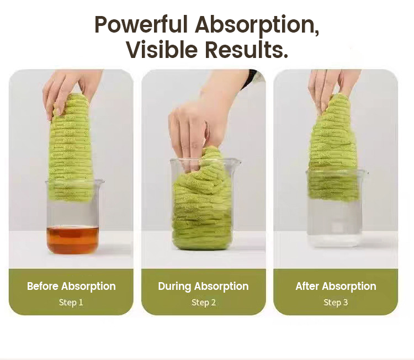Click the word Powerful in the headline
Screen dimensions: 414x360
141,24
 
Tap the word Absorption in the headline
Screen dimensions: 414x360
257,25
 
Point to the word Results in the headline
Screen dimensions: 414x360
246,49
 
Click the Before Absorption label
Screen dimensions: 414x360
71,287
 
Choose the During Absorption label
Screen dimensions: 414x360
203,287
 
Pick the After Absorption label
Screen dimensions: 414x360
336,287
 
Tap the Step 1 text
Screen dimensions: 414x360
71,303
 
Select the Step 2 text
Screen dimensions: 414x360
204,303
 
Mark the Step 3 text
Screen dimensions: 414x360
336,303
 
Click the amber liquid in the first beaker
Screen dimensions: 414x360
73,240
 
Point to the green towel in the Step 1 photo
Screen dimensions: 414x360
71,148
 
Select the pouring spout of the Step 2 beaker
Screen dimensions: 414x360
237,162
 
